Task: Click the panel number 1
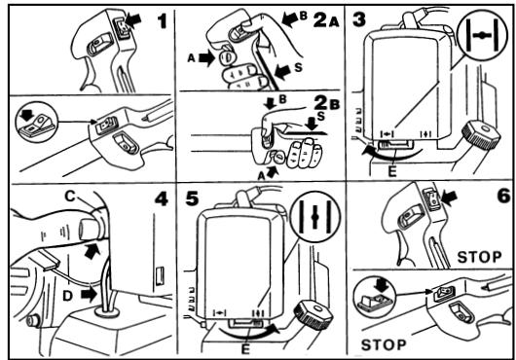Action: pyautogui.click(x=163, y=21)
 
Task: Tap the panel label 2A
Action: pyautogui.click(x=326, y=20)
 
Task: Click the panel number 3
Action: pyautogui.click(x=358, y=19)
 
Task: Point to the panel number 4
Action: pyautogui.click(x=162, y=199)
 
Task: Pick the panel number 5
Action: pyautogui.click(x=193, y=198)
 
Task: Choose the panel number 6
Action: pyautogui.click(x=503, y=197)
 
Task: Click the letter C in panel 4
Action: pyautogui.click(x=70, y=197)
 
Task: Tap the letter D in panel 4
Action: pyautogui.click(x=67, y=296)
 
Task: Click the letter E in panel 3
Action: pyautogui.click(x=392, y=172)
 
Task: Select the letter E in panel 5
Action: pyautogui.click(x=245, y=349)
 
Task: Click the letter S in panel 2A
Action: pyautogui.click(x=298, y=68)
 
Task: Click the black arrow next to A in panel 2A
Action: pyautogui.click(x=207, y=59)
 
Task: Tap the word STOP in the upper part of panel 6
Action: pyautogui.click(x=479, y=257)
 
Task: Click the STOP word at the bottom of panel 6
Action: pyautogui.click(x=384, y=344)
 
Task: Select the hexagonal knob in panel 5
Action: pyautogui.click(x=313, y=314)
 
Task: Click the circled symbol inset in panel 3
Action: pyautogui.click(x=483, y=34)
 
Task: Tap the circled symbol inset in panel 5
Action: pyautogui.click(x=315, y=217)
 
